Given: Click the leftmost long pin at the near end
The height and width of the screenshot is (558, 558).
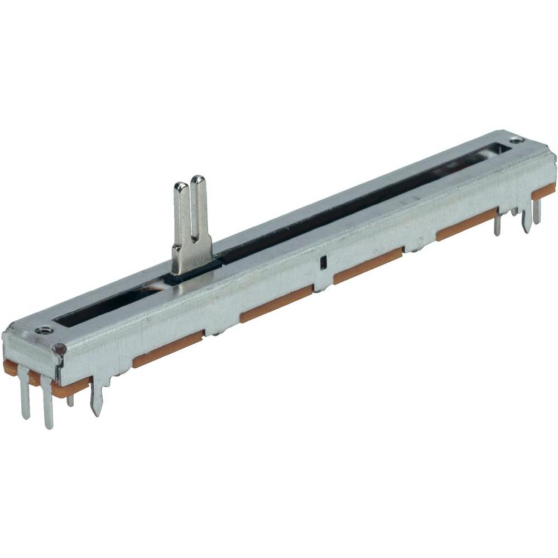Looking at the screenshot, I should pos(25,396).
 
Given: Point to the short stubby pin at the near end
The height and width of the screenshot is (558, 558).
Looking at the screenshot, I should pos(70,398).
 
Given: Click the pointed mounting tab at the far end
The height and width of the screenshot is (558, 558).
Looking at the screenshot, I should pos(525,220).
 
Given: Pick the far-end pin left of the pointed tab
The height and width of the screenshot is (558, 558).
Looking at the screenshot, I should pos(497,224).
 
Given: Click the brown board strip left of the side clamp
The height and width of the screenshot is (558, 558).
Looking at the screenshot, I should pos(276,305).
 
